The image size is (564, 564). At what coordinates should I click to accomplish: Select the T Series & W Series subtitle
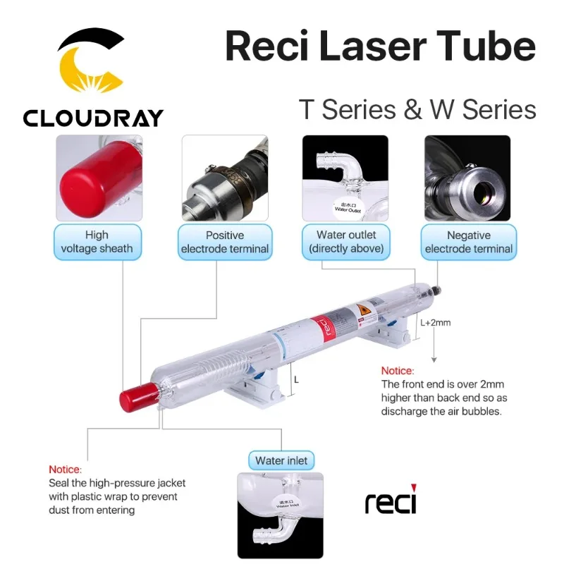417,110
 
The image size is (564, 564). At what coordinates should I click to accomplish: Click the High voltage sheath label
97,242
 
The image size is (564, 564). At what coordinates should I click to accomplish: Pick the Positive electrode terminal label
225,242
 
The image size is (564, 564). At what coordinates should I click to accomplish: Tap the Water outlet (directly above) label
346,242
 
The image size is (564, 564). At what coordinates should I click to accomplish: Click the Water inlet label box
281,461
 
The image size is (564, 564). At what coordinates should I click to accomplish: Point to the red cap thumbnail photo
99,178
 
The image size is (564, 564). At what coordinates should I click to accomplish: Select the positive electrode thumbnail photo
225,178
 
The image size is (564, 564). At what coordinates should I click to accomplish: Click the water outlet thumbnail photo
345,178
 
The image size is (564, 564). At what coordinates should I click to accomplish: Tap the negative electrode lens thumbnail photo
467,178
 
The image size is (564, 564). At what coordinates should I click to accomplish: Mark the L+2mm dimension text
435,324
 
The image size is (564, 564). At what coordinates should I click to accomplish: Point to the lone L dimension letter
297,379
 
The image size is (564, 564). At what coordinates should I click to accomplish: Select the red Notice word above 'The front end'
398,371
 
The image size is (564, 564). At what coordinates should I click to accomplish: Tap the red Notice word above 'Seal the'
65,470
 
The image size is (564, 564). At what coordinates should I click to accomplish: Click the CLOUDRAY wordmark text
93,118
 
